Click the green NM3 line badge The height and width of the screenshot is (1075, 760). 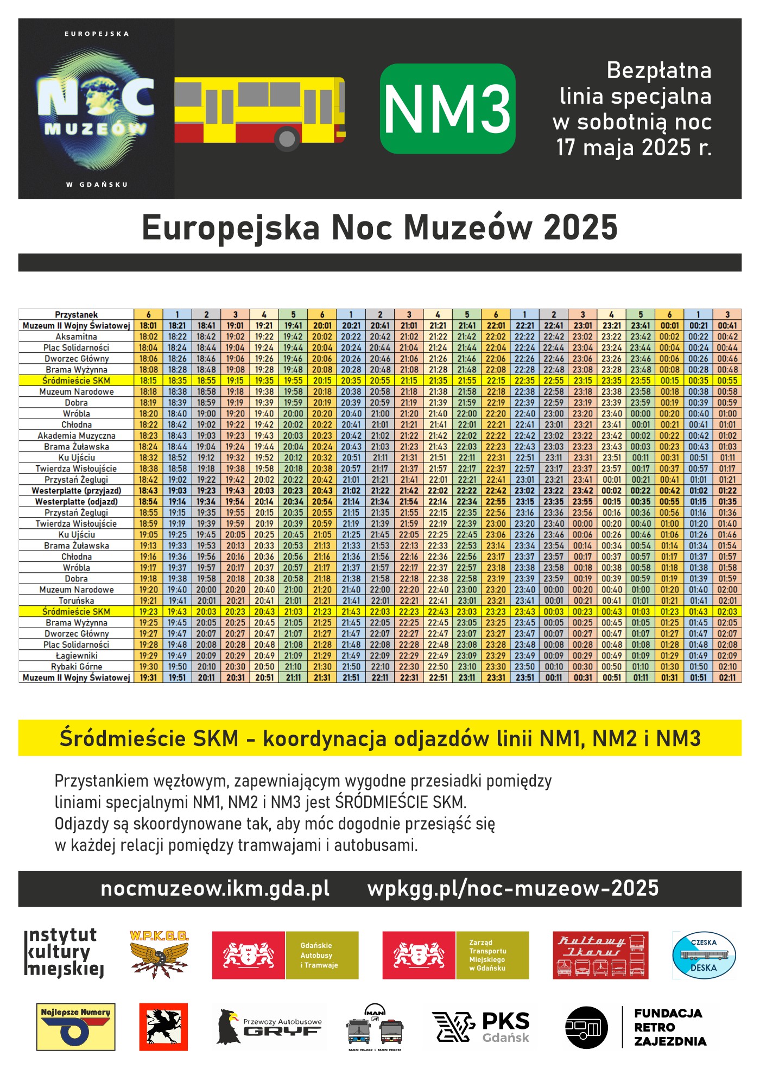click(447, 109)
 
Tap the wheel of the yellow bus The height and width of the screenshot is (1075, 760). click(287, 138)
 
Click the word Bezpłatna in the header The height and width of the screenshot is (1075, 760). click(658, 71)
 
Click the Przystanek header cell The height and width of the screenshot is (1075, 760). click(76, 314)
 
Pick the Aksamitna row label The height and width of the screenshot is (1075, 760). click(76, 337)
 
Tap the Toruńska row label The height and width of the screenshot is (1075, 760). click(76, 600)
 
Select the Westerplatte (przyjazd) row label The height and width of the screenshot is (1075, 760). click(76, 490)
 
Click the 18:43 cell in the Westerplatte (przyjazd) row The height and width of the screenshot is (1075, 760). click(148, 490)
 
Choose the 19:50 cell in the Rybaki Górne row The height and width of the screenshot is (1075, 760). click(177, 667)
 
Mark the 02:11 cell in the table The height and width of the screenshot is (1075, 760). click(727, 678)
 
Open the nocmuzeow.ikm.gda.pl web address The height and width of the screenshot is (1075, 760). click(215, 889)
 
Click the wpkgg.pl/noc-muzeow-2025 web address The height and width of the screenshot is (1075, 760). click(512, 889)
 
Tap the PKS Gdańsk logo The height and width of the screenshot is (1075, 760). click(481, 1027)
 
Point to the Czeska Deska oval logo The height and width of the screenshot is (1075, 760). click(704, 955)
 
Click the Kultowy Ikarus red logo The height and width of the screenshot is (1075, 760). click(600, 955)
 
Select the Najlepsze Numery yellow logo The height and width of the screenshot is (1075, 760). click(75, 1027)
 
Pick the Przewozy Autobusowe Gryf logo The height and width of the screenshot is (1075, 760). click(270, 1027)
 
